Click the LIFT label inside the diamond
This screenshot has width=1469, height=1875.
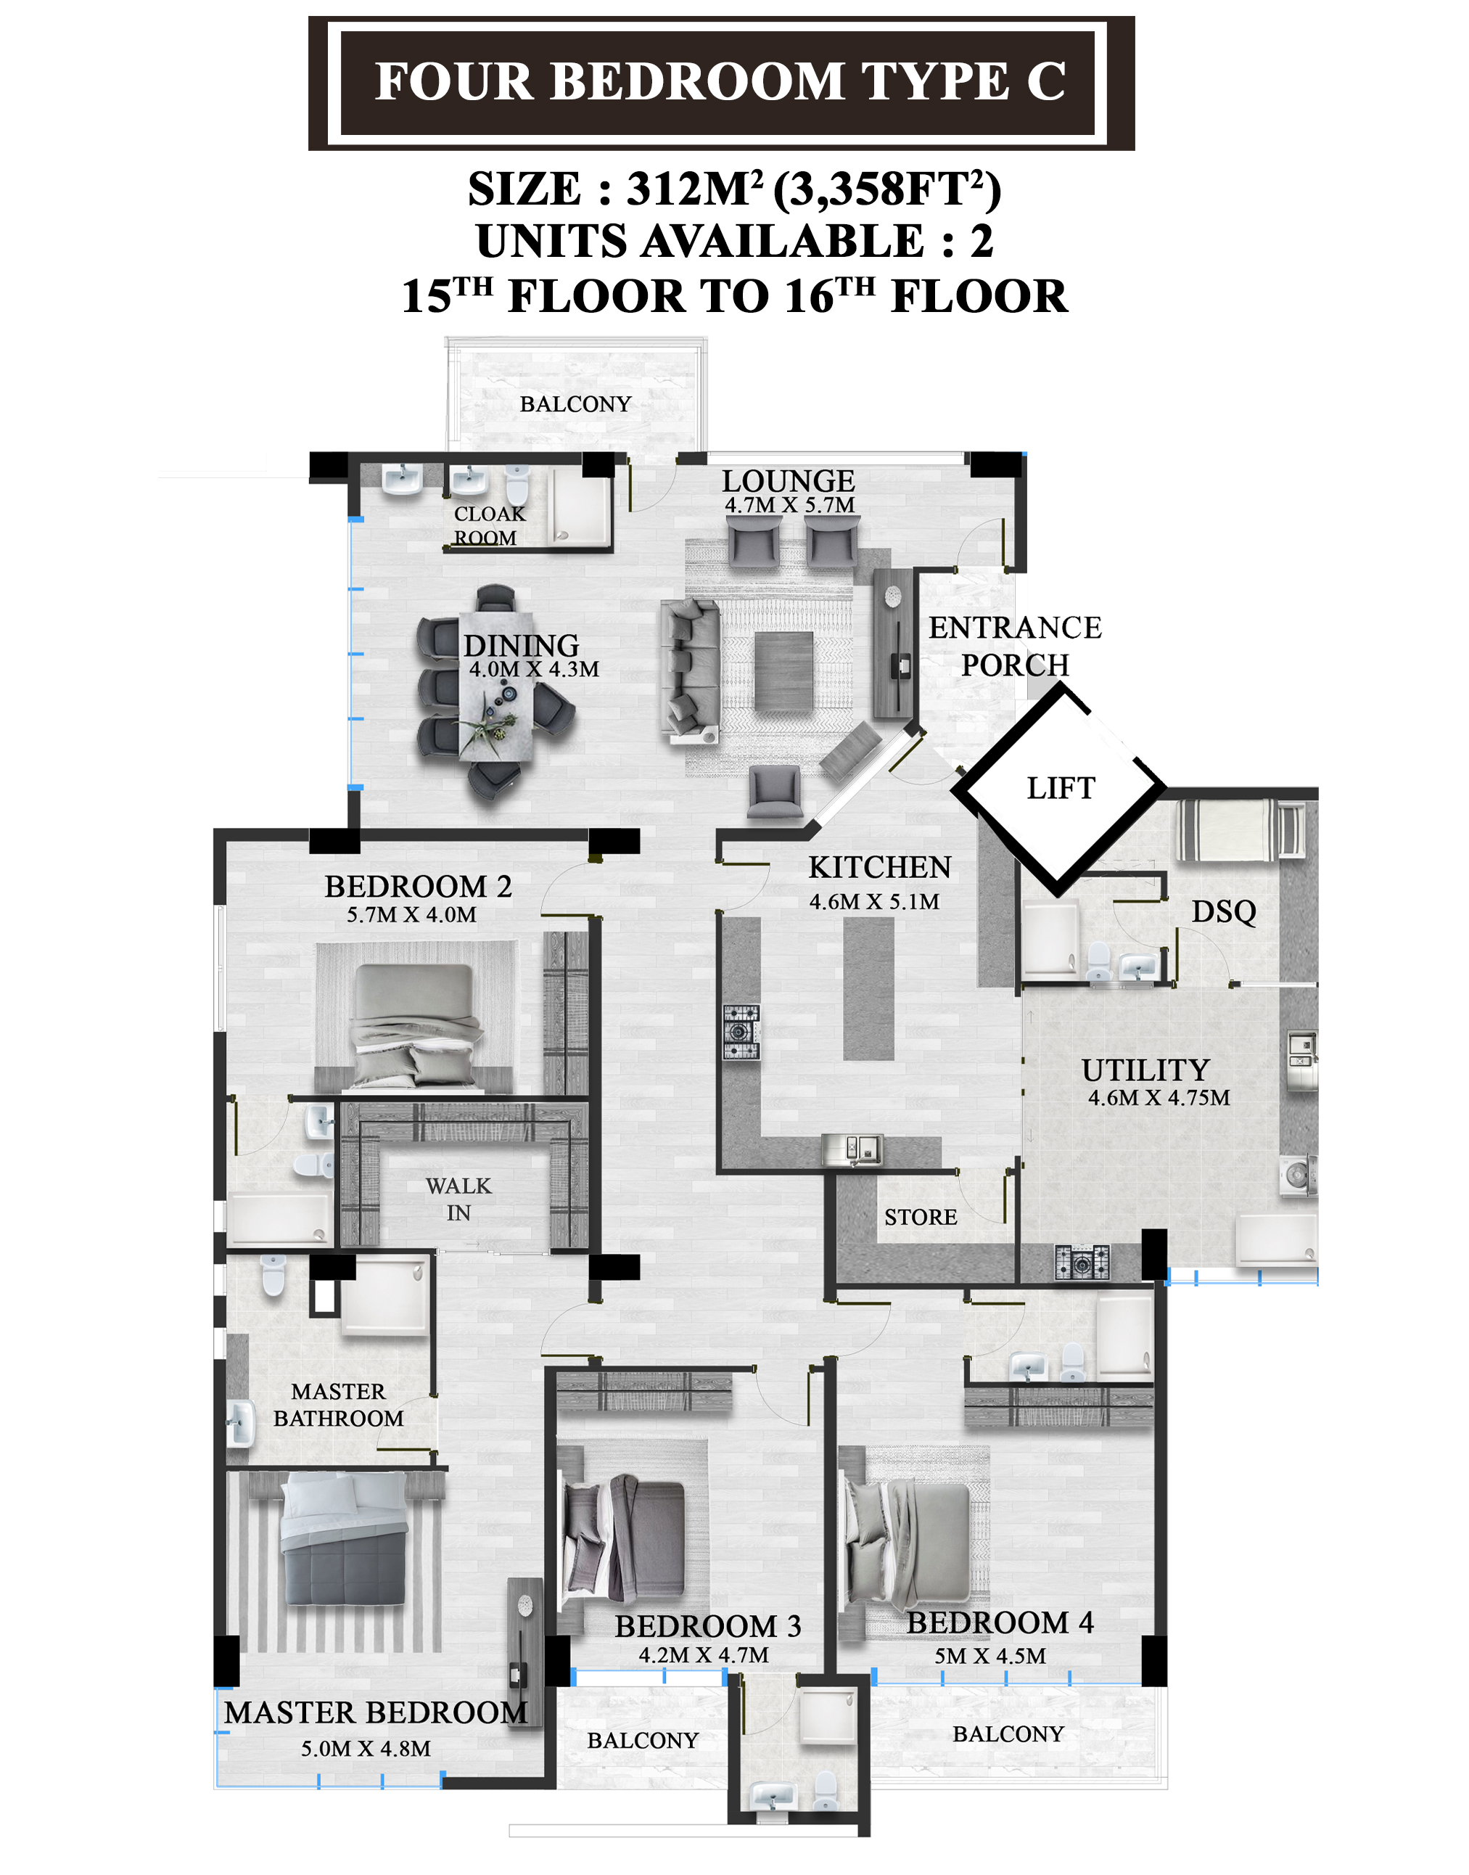point(1061,788)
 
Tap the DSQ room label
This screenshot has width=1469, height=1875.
point(1223,911)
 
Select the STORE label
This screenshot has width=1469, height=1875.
point(921,1217)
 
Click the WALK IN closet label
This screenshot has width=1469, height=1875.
point(458,1199)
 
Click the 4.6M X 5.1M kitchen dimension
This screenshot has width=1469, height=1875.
point(874,901)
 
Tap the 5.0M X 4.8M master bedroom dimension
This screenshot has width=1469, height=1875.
point(366,1749)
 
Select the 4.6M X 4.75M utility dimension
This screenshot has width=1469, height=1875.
point(1159,1097)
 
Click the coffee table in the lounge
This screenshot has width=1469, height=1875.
point(783,672)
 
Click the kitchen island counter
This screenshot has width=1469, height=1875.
point(868,988)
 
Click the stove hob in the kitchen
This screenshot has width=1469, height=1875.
point(741,1032)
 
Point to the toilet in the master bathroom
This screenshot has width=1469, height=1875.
point(273,1273)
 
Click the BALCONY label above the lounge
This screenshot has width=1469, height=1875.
point(575,404)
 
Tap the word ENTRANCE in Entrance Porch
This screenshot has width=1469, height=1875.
point(1015,628)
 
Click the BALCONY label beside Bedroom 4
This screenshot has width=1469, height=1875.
point(1008,1734)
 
